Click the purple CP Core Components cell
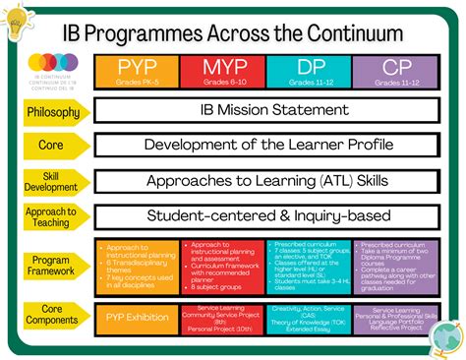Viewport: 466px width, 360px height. (395, 318)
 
